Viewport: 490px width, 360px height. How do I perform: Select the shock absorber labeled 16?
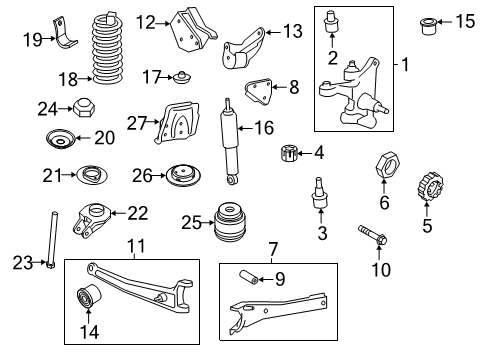(x=230, y=142)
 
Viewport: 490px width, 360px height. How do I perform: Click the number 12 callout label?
(x=146, y=20)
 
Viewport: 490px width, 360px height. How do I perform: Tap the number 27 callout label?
(x=137, y=122)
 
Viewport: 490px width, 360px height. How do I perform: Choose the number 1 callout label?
(x=405, y=65)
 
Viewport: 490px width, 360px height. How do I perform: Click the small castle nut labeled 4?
(x=288, y=154)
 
